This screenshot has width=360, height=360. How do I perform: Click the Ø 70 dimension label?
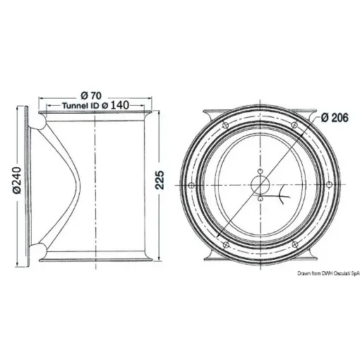point(93,95)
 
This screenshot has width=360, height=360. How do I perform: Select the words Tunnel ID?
point(80,105)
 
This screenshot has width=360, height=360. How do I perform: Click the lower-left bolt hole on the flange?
point(225,244)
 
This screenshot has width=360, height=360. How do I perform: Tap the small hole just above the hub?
point(260,170)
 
